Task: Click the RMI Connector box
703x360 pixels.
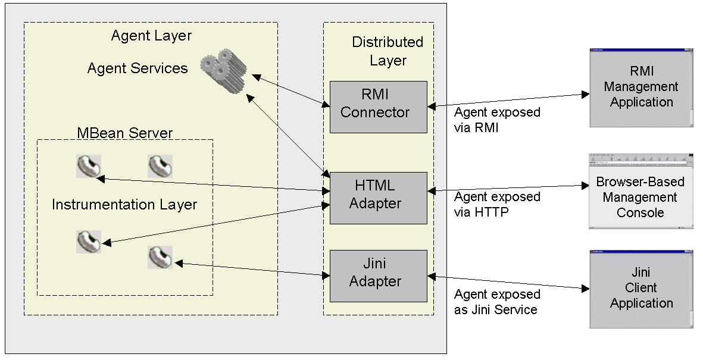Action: tap(379, 107)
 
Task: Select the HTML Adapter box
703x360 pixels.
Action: tap(379, 198)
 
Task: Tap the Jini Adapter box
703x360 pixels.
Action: tap(379, 276)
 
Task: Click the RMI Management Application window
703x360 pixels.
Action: tap(641, 87)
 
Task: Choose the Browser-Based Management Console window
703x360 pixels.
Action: tap(640, 192)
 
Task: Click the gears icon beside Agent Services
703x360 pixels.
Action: tap(223, 70)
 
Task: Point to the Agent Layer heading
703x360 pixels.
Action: tap(152, 36)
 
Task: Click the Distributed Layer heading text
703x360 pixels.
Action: tap(388, 51)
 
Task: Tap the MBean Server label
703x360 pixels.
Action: tap(124, 133)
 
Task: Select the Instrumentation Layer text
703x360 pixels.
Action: tap(124, 205)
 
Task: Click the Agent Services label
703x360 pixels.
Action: tap(138, 68)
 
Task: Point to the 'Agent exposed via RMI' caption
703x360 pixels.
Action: tap(497, 120)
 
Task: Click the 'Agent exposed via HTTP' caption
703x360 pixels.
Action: tap(497, 204)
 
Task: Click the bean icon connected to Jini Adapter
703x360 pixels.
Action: tap(160, 257)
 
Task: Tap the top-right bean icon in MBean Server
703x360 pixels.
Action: tap(160, 167)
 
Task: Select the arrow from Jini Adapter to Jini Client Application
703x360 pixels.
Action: tap(508, 283)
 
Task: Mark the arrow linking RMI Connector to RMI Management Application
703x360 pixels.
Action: tap(508, 100)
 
